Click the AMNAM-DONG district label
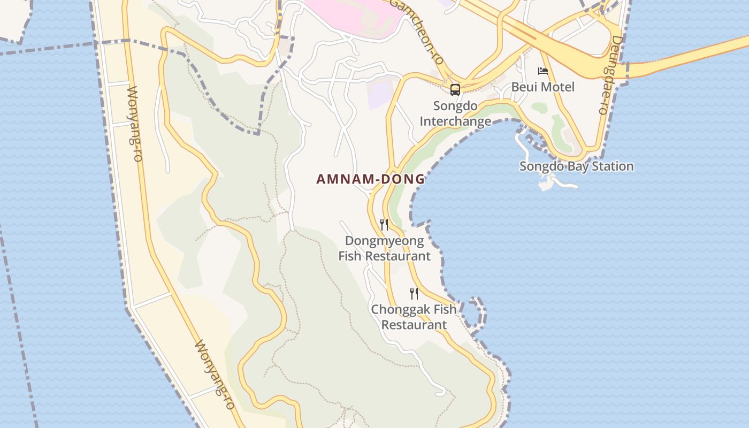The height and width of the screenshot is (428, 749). point(370,179)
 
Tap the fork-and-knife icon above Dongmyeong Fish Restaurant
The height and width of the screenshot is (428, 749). point(384,224)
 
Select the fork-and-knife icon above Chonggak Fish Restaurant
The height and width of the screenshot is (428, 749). point(414,293)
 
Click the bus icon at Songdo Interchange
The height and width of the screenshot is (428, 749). point(455,89)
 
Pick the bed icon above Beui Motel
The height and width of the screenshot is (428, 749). point(543,71)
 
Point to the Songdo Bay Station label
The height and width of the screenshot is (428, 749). point(576,166)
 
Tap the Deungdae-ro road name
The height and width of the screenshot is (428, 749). point(610,75)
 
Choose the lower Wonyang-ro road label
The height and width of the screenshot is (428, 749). point(214,374)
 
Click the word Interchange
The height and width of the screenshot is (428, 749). point(455,121)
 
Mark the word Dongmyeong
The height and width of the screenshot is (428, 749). point(384,241)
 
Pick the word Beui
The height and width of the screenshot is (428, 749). point(523,87)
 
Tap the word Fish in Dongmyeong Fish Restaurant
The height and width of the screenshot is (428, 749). point(350,256)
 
